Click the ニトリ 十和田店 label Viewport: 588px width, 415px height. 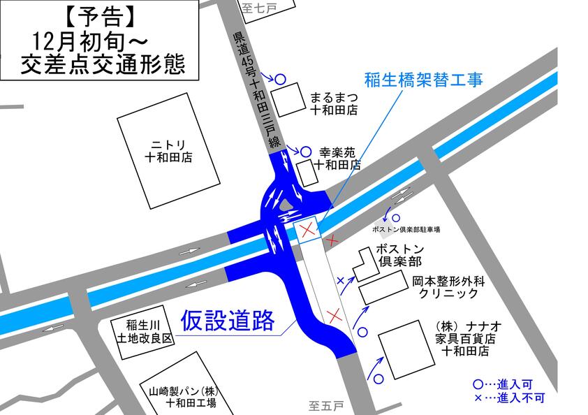coord(168,151)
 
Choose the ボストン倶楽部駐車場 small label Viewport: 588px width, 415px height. coord(406,229)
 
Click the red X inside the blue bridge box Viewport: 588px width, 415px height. coord(306,230)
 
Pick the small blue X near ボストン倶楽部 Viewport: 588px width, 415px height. coord(341,281)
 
